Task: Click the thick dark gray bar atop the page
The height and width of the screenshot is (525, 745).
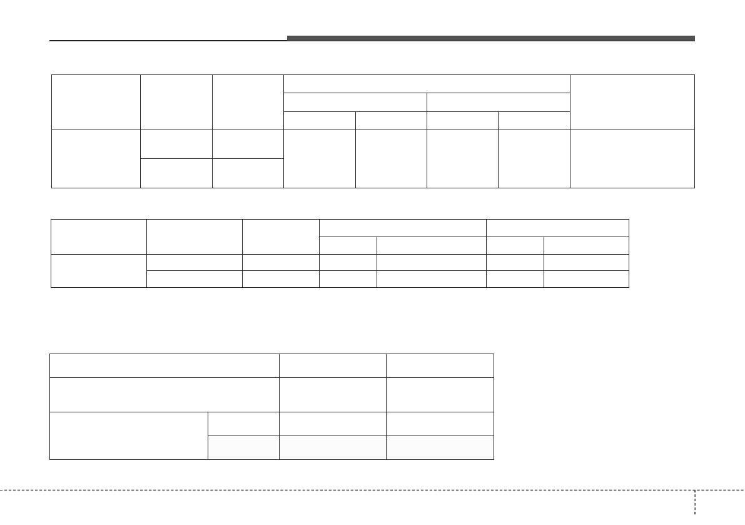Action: coord(490,38)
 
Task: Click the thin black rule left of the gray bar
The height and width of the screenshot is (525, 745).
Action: coord(168,41)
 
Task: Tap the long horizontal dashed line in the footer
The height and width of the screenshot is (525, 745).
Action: coord(344,489)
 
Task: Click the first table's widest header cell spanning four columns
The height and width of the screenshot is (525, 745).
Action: coord(427,84)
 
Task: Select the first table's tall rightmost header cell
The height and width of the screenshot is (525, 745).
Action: coord(632,102)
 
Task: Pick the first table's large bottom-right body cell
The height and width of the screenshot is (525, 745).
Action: coord(632,158)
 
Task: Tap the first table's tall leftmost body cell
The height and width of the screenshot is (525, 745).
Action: coord(96,158)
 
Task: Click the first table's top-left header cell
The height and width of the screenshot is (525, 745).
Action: coord(96,102)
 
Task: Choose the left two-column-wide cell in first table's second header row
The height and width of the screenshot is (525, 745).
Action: coord(355,102)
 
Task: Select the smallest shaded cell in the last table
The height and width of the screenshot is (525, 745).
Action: coord(243,447)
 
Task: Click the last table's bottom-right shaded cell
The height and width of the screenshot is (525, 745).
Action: coord(440,447)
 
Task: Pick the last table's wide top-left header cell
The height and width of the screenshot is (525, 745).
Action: coord(165,365)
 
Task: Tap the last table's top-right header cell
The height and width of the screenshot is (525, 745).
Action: coord(440,365)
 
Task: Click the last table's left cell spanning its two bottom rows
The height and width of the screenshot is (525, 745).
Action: coord(129,436)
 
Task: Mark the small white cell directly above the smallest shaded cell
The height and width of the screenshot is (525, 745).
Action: coord(243,424)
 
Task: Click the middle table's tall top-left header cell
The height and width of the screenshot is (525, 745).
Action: coord(99,237)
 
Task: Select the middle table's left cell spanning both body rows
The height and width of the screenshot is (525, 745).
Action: coord(99,270)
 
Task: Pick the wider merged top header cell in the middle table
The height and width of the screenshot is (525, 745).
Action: coord(403,228)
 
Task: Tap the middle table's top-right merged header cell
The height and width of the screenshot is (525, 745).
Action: coord(557,228)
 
